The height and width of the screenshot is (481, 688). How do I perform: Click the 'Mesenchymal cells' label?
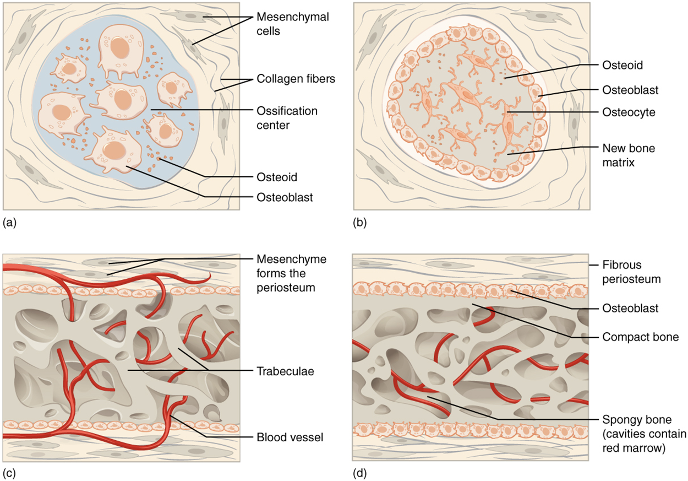point(292,24)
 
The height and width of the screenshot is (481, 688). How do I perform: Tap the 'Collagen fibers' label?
point(296,79)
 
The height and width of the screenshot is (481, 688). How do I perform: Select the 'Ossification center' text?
point(287,118)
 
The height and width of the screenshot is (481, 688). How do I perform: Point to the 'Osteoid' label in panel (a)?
point(277,177)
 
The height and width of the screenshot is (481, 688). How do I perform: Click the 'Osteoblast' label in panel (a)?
point(285,197)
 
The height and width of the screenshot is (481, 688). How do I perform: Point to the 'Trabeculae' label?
point(285,371)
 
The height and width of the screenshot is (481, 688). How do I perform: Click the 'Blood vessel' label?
point(290,438)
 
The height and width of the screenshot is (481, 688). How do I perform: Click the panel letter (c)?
point(10,472)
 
